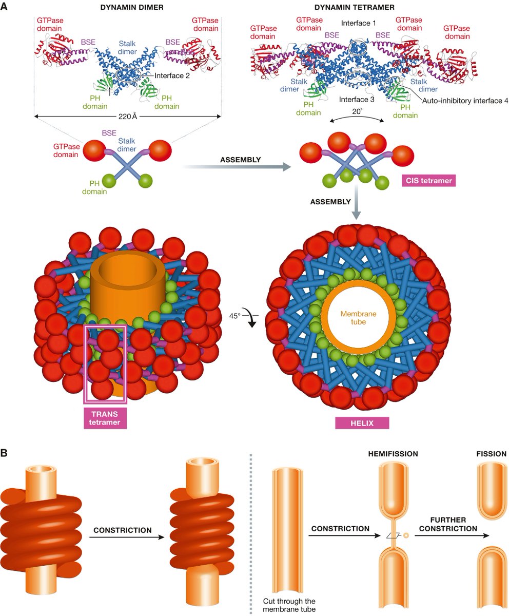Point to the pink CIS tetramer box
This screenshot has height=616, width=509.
point(425,180)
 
